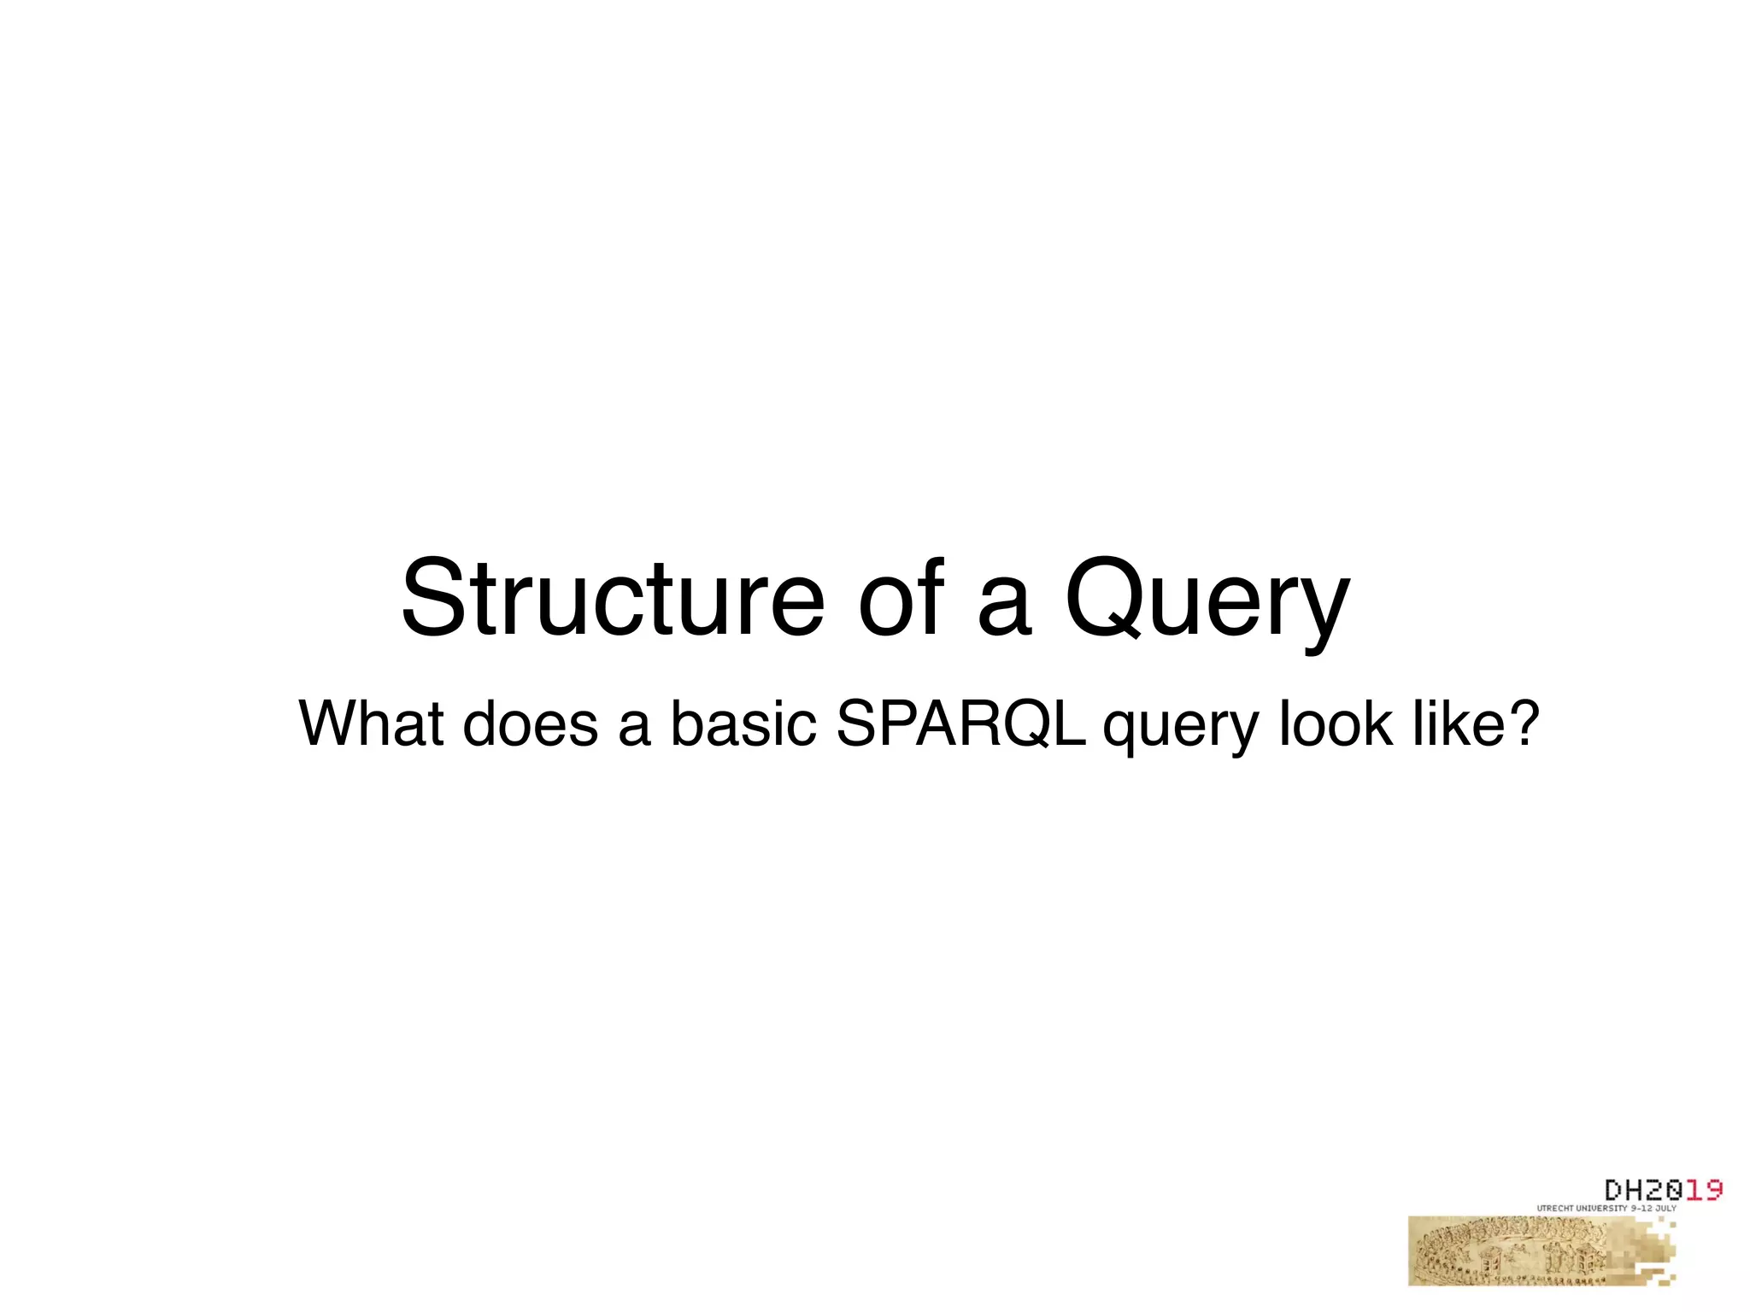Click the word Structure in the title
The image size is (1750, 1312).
coord(612,598)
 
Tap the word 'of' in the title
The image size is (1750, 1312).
coord(902,598)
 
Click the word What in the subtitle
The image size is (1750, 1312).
coord(371,723)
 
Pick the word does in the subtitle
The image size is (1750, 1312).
coord(530,723)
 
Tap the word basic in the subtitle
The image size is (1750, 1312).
coord(742,723)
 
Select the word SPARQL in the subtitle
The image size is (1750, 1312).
coord(960,723)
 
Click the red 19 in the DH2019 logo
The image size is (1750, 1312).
coord(1704,1190)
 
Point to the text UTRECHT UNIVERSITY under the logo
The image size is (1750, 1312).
coord(1581,1209)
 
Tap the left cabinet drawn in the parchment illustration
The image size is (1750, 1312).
coord(1490,1258)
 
